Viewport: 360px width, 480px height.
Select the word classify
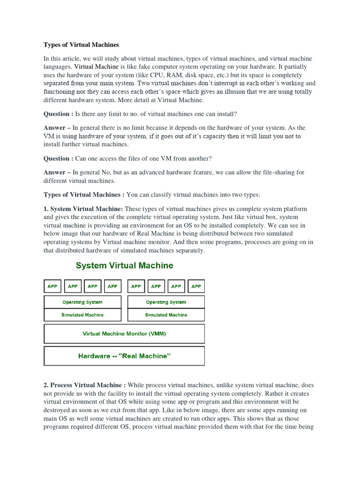point(154,195)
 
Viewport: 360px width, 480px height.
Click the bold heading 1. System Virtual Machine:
point(83,209)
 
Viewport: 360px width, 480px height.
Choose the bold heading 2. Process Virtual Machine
point(84,385)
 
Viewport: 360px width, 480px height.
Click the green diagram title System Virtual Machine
point(124,266)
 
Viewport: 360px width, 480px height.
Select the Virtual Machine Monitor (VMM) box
point(124,334)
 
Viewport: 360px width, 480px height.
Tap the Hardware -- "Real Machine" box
point(124,356)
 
